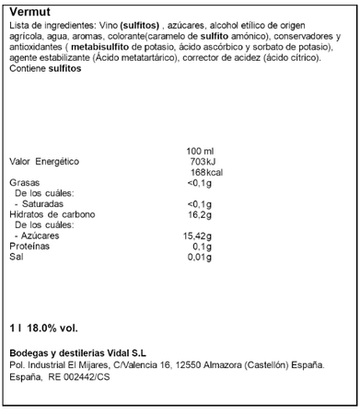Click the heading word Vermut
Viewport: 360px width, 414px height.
pos(22,7)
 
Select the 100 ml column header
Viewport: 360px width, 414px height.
pos(200,150)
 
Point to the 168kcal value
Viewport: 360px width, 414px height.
pos(200,172)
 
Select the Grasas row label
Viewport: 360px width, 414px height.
pos(24,182)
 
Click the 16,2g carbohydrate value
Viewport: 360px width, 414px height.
pos(200,214)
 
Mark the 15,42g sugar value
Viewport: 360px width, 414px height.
pos(198,236)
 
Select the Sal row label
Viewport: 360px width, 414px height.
pos(16,258)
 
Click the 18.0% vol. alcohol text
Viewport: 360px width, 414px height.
pos(51,327)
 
